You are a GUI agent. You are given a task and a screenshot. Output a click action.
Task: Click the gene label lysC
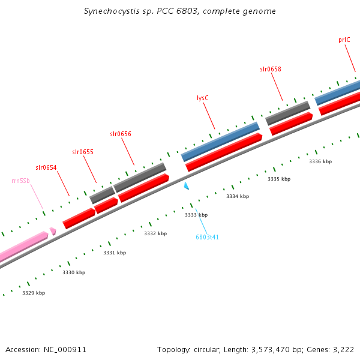coord(203,98)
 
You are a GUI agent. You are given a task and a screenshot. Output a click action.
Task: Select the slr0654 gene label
coord(46,167)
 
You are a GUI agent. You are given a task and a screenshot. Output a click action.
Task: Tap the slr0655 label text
coord(83,152)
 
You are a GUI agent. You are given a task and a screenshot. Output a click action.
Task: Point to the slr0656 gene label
coord(120,134)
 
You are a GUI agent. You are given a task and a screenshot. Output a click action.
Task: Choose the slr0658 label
coord(270,69)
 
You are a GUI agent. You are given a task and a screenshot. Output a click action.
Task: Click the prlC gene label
coord(344,40)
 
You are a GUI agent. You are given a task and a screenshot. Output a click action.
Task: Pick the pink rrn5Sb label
coord(20,180)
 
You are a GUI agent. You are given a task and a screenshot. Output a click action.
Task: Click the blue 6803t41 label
coord(207,237)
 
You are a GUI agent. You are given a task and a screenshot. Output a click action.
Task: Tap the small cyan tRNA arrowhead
coord(187,186)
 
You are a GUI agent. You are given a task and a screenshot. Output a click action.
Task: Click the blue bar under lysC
coord(220,142)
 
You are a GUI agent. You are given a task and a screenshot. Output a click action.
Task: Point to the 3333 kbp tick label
coord(196,215)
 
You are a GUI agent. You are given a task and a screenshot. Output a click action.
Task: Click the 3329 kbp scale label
coord(34,293)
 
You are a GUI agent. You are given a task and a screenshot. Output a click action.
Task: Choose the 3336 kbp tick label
coord(320,161)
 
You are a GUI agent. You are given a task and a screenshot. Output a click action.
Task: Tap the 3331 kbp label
coord(115,253)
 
